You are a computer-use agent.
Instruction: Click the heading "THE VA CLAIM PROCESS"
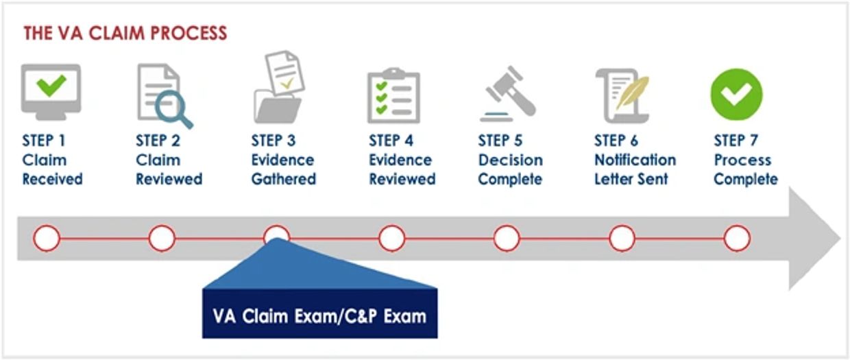[x=125, y=33]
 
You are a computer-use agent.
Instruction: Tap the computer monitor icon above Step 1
[x=51, y=91]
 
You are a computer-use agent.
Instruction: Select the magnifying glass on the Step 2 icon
[x=171, y=110]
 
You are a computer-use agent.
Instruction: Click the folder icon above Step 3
[x=278, y=103]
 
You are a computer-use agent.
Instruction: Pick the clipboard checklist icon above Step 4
[x=393, y=96]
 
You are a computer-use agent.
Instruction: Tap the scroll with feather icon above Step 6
[x=622, y=95]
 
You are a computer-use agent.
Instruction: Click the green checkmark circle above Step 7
[x=736, y=94]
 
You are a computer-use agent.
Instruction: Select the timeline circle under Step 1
[x=47, y=239]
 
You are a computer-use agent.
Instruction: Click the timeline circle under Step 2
[x=162, y=239]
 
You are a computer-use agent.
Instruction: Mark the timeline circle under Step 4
[x=391, y=239]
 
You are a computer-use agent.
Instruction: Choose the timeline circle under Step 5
[x=507, y=239]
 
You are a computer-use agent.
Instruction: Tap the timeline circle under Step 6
[x=622, y=239]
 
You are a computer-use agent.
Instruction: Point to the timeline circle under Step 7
[x=737, y=239]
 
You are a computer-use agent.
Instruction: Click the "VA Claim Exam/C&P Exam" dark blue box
[x=319, y=315]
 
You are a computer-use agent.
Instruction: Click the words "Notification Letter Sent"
[x=635, y=169]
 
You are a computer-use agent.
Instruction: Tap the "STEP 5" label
[x=500, y=141]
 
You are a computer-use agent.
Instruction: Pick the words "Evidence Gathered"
[x=283, y=169]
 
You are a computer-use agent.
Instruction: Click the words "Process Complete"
[x=746, y=169]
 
